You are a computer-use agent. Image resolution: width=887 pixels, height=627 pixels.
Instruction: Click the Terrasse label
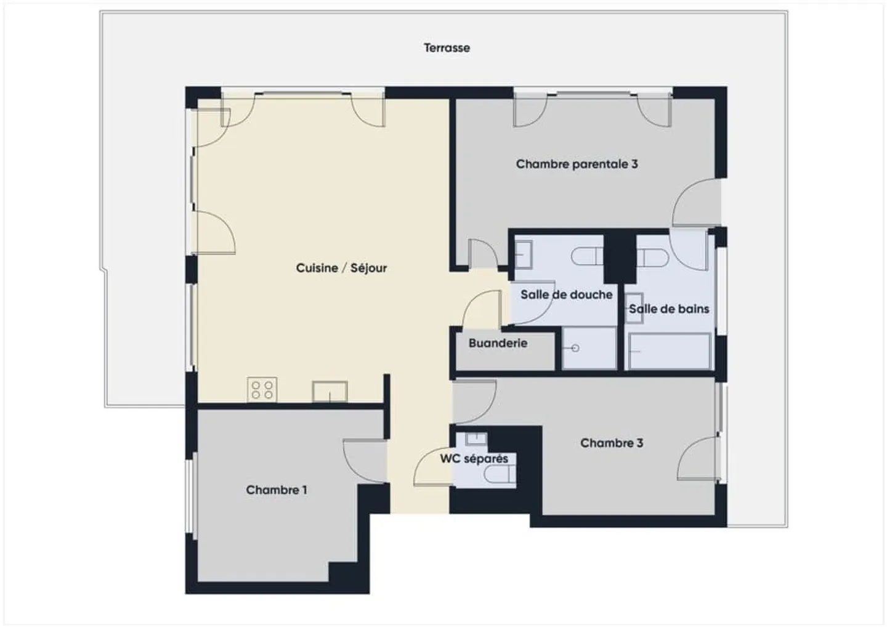coord(447,48)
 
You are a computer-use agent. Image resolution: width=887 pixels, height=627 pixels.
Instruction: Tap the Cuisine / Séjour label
coord(341,268)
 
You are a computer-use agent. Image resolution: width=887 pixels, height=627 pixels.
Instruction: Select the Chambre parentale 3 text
coord(577,164)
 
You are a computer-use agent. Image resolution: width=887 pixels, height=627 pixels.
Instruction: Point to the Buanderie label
coord(498,343)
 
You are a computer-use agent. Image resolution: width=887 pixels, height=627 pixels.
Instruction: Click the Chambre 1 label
coord(276,490)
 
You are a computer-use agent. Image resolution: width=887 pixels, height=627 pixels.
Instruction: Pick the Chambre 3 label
coord(611,443)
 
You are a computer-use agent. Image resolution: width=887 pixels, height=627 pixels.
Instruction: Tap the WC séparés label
coord(474,459)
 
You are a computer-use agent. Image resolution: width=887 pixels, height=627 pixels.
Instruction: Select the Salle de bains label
coord(669,309)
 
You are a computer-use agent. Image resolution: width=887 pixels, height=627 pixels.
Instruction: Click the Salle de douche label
coord(566,294)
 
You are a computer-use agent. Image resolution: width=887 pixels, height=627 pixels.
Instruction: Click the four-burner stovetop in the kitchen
coord(262,390)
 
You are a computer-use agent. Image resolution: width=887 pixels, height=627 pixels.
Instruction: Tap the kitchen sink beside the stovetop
coord(330,392)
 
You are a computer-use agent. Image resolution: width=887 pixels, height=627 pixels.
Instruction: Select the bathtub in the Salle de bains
coord(669,352)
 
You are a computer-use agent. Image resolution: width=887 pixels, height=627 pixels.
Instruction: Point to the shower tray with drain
coord(589,349)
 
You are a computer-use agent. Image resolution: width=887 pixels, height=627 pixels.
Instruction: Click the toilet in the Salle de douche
coord(586,256)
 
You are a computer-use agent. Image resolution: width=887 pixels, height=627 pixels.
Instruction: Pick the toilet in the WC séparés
coord(500,474)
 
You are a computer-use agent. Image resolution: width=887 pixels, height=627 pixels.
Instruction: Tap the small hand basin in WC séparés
coord(476,439)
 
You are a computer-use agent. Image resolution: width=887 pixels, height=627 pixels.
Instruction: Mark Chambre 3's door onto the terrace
coord(700,458)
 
